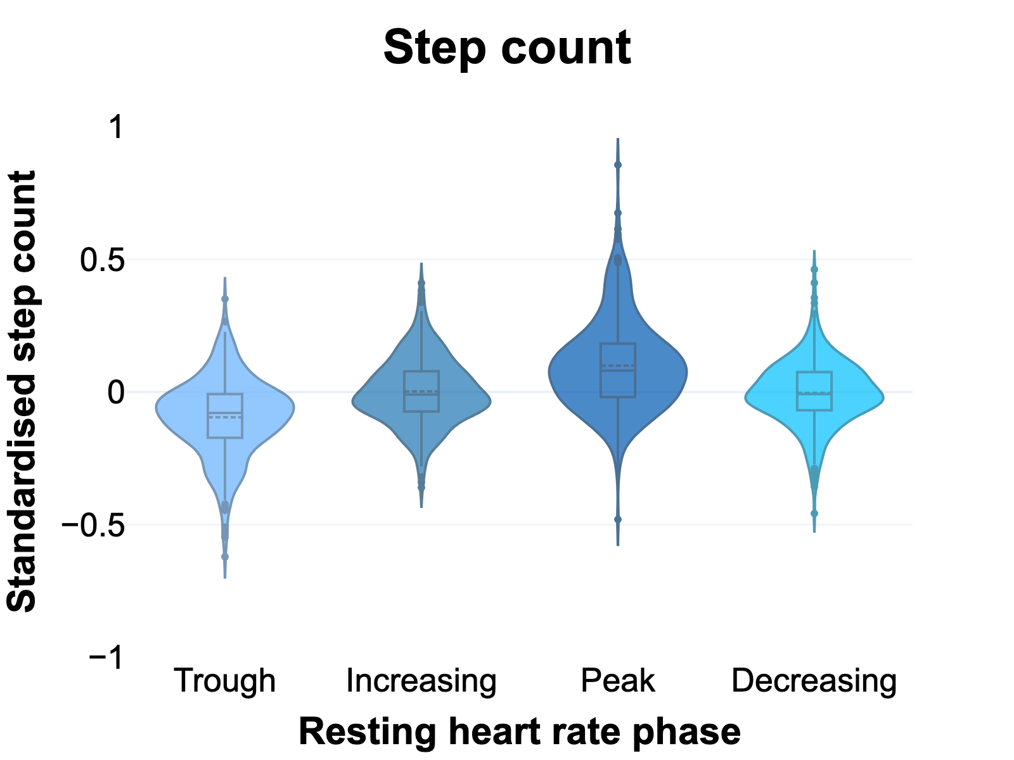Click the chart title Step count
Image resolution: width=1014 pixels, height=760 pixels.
pyautogui.click(x=507, y=48)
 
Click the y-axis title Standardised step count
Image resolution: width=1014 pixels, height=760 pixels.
pyautogui.click(x=23, y=391)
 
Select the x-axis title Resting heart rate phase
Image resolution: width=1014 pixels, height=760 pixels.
pyautogui.click(x=519, y=731)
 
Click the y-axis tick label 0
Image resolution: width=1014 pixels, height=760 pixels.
pyautogui.click(x=116, y=392)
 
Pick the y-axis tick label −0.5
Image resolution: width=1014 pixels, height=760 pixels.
pyautogui.click(x=93, y=525)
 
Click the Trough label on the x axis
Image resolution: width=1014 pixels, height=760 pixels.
pyautogui.click(x=225, y=681)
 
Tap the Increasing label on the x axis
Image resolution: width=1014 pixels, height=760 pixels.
pyautogui.click(x=421, y=681)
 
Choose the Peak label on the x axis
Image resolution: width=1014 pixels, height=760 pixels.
pyautogui.click(x=618, y=681)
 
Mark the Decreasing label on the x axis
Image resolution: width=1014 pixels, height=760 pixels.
pyautogui.click(x=814, y=681)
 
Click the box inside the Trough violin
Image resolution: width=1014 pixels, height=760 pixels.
pyautogui.click(x=225, y=415)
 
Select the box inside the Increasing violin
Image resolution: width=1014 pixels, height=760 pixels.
pyautogui.click(x=421, y=391)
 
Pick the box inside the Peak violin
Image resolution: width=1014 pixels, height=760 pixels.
pyautogui.click(x=618, y=370)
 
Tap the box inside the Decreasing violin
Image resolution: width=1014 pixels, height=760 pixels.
pyautogui.click(x=814, y=391)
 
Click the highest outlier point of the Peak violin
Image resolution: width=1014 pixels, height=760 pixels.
pyautogui.click(x=618, y=165)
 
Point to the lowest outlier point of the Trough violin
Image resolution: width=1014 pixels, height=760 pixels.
pyautogui.click(x=225, y=557)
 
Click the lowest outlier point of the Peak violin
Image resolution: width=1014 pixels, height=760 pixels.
pyautogui.click(x=618, y=519)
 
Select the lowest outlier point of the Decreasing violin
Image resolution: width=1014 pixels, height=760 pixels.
pyautogui.click(x=814, y=514)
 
